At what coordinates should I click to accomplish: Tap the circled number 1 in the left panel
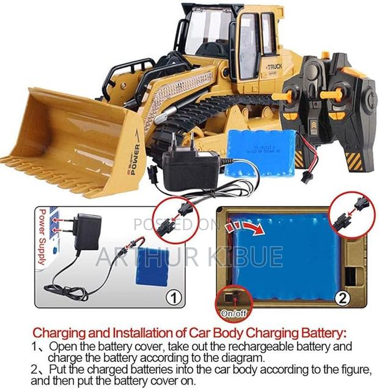pos(172,297)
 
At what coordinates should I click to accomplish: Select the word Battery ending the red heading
pos(321,334)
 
